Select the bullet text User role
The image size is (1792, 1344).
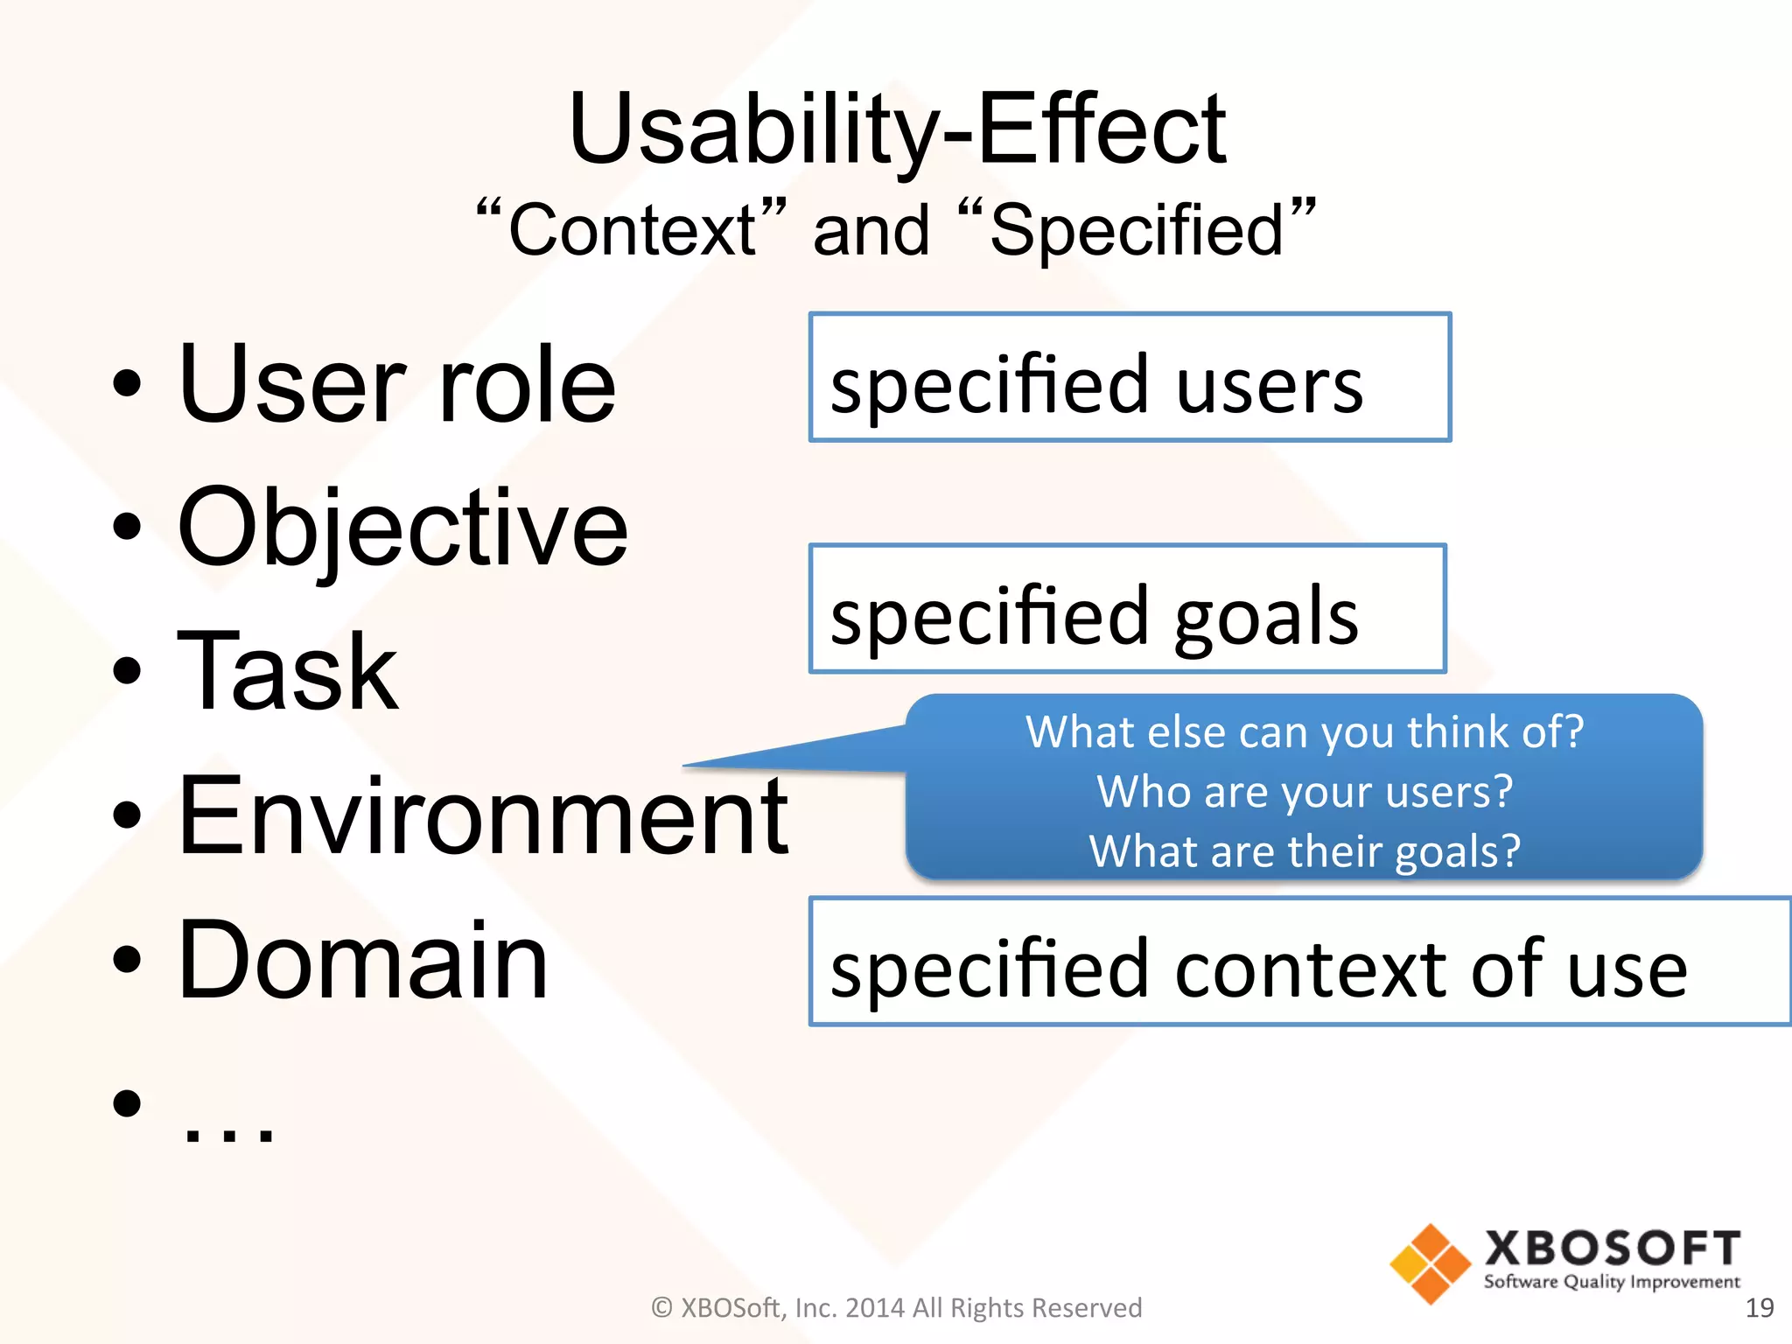[x=396, y=385]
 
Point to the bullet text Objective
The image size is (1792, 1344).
[x=402, y=528]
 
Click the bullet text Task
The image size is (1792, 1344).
[x=287, y=672]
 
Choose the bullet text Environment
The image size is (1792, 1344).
[x=483, y=815]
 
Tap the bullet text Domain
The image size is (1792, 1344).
[x=362, y=960]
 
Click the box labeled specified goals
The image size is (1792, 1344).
[x=1127, y=609]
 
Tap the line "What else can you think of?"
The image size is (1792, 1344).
[x=1304, y=731]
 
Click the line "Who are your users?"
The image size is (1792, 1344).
[x=1304, y=792]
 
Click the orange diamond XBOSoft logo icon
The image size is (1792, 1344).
[x=1430, y=1263]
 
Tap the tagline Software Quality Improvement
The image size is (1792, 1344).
[x=1612, y=1283]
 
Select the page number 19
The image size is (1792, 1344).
[x=1759, y=1308]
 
